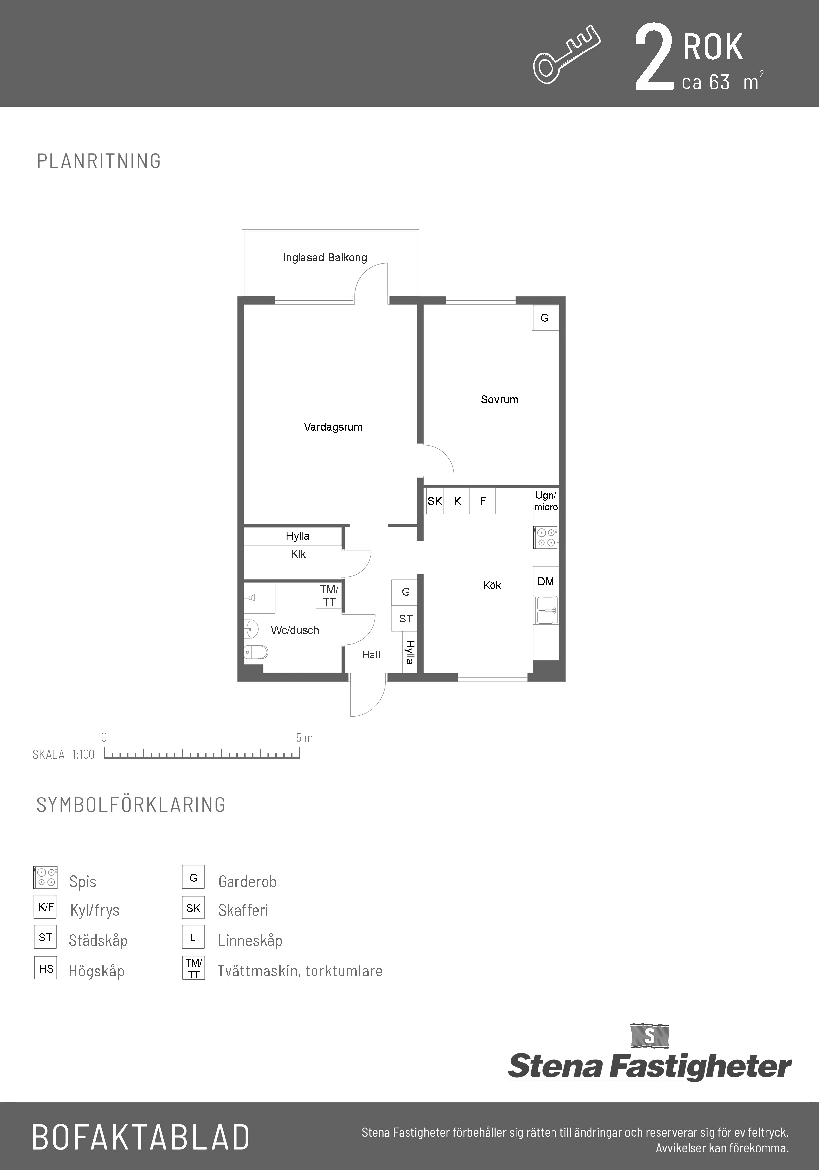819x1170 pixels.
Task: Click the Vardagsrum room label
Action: tap(333, 427)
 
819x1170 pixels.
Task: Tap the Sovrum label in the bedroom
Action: tap(499, 400)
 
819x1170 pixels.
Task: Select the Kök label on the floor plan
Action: tap(492, 585)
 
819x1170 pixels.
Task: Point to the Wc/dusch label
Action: tap(295, 630)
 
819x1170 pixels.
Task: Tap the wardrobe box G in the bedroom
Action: tap(545, 317)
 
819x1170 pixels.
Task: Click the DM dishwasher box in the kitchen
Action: tap(546, 582)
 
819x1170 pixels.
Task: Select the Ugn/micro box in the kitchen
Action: tap(546, 501)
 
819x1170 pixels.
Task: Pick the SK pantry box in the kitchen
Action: tap(435, 501)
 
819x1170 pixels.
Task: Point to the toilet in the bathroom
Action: tap(256, 652)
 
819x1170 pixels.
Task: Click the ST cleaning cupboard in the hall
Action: tap(406, 619)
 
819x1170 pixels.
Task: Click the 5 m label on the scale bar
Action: tap(304, 738)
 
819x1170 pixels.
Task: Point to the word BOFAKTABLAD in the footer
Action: tap(141, 1137)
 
